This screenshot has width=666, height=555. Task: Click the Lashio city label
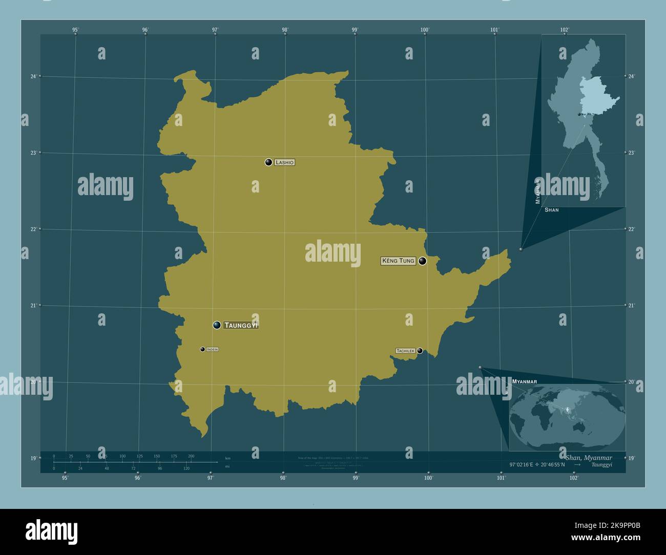coord(284,162)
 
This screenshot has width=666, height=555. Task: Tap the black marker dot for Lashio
coord(268,162)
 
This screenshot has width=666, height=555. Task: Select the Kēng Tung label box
coord(398,261)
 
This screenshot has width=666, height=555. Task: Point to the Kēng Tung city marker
coord(422,261)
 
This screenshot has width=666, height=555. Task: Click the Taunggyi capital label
coord(241,325)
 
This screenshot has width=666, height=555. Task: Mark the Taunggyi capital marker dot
coord(217,325)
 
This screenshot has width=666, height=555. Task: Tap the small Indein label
coord(213,349)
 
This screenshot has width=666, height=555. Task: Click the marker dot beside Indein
coord(202,349)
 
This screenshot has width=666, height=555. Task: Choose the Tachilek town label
coord(405,351)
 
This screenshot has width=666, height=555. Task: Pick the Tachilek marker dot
coord(420,351)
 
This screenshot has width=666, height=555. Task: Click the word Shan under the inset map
coord(552,210)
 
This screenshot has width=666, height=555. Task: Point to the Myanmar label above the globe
coord(524,382)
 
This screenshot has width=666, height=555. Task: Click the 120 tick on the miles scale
coord(186,468)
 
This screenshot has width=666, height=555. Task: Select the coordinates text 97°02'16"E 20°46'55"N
coord(537,464)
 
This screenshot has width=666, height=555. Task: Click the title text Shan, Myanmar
coord(589,457)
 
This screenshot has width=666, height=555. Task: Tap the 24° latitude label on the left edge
coord(33,76)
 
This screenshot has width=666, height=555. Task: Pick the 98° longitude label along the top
coord(285,30)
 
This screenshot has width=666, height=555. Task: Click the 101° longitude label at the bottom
coord(501,478)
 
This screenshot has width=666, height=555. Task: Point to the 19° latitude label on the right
coord(631,458)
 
